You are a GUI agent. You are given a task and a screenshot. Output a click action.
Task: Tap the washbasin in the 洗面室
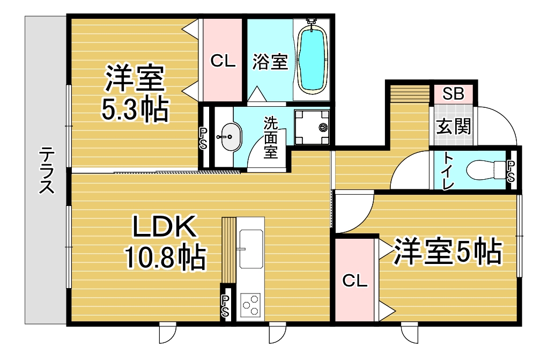(231, 137)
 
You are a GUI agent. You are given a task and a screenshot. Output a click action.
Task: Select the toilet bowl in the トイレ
(486, 170)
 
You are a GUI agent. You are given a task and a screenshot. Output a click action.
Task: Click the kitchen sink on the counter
(251, 249)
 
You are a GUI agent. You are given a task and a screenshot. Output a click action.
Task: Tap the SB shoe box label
(453, 93)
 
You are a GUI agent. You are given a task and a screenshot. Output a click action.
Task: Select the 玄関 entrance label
(454, 126)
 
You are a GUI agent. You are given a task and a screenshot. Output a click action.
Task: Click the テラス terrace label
(47, 171)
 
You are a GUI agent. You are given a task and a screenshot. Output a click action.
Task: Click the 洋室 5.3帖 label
(135, 93)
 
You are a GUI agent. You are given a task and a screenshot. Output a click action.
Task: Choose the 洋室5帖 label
(448, 251)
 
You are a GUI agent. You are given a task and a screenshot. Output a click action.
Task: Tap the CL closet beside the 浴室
(223, 61)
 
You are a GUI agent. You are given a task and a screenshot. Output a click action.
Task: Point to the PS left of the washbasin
(203, 138)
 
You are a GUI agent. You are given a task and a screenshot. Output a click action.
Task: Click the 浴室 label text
(270, 62)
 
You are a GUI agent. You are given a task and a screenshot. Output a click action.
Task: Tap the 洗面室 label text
(271, 137)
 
